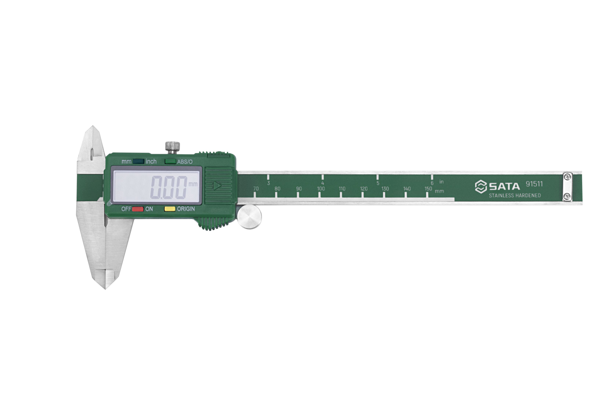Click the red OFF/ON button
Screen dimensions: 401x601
(138, 209)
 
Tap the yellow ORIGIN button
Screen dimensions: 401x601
(170, 209)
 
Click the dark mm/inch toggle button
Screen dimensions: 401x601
(138, 161)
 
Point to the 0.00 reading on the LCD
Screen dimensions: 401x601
(169, 187)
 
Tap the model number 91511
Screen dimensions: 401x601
(534, 184)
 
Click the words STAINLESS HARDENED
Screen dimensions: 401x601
(515, 195)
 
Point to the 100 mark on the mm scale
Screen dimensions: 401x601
(321, 189)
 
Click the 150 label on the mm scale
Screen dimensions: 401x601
(428, 189)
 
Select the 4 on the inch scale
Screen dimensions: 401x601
(323, 183)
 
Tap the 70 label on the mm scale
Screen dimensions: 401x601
(256, 189)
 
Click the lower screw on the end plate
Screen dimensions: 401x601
(568, 196)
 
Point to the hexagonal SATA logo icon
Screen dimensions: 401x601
(481, 186)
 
